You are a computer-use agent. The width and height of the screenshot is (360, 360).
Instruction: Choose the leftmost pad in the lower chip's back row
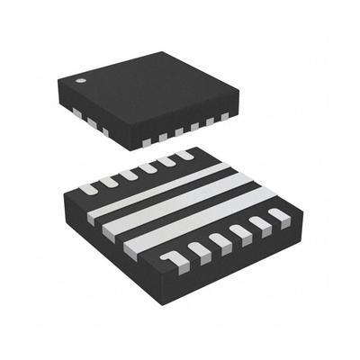(88, 188)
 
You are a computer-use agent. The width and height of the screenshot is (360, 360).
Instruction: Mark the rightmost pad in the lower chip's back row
(184, 155)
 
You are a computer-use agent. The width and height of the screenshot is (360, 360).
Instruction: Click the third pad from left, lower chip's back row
(128, 175)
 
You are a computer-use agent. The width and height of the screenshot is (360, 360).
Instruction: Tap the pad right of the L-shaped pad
(196, 250)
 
